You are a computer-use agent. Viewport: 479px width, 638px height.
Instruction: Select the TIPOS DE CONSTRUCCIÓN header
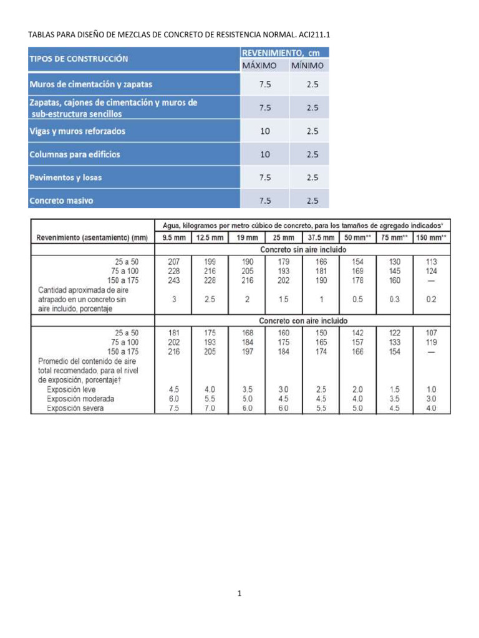[79, 59]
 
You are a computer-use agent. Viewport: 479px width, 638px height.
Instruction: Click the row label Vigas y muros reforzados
[77, 131]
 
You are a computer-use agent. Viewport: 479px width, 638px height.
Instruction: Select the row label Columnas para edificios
[74, 154]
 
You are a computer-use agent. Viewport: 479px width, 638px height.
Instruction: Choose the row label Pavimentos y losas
[65, 178]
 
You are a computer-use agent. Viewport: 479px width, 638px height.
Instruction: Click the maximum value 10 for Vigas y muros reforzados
[265, 131]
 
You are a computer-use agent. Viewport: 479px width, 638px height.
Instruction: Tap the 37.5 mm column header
[321, 237]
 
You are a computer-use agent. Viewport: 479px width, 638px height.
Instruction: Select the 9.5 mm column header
[174, 237]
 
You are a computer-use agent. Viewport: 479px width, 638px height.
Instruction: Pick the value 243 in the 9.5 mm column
[174, 280]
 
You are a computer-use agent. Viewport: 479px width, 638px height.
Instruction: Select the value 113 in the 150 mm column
[432, 262]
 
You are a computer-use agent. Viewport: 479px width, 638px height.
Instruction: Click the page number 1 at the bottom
[239, 594]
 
